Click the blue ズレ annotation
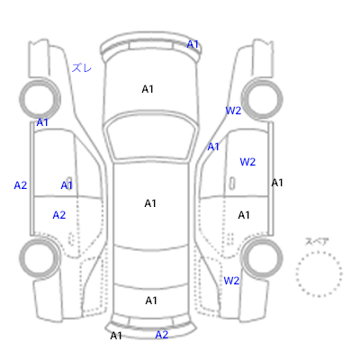(82, 68)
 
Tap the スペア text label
(317, 242)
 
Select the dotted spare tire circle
(319, 274)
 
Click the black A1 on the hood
(148, 89)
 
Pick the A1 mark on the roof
(150, 203)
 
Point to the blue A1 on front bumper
(193, 44)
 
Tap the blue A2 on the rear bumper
(162, 335)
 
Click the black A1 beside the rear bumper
(116, 336)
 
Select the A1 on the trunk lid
(151, 301)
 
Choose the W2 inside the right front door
(247, 162)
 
